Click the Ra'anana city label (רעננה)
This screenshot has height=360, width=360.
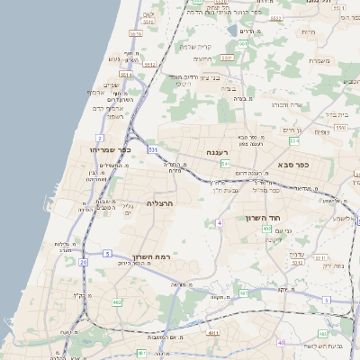pos(215,152)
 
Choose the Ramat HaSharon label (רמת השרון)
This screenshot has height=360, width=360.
pos(149,256)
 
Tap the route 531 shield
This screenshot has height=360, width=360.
pos(153,149)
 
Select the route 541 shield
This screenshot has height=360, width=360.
pos(224,164)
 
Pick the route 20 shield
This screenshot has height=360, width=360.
pos(83,262)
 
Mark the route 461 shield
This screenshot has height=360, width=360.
pos(244,293)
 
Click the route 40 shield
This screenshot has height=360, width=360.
pos(282,342)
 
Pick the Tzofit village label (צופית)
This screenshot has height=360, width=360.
pos(321,132)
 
